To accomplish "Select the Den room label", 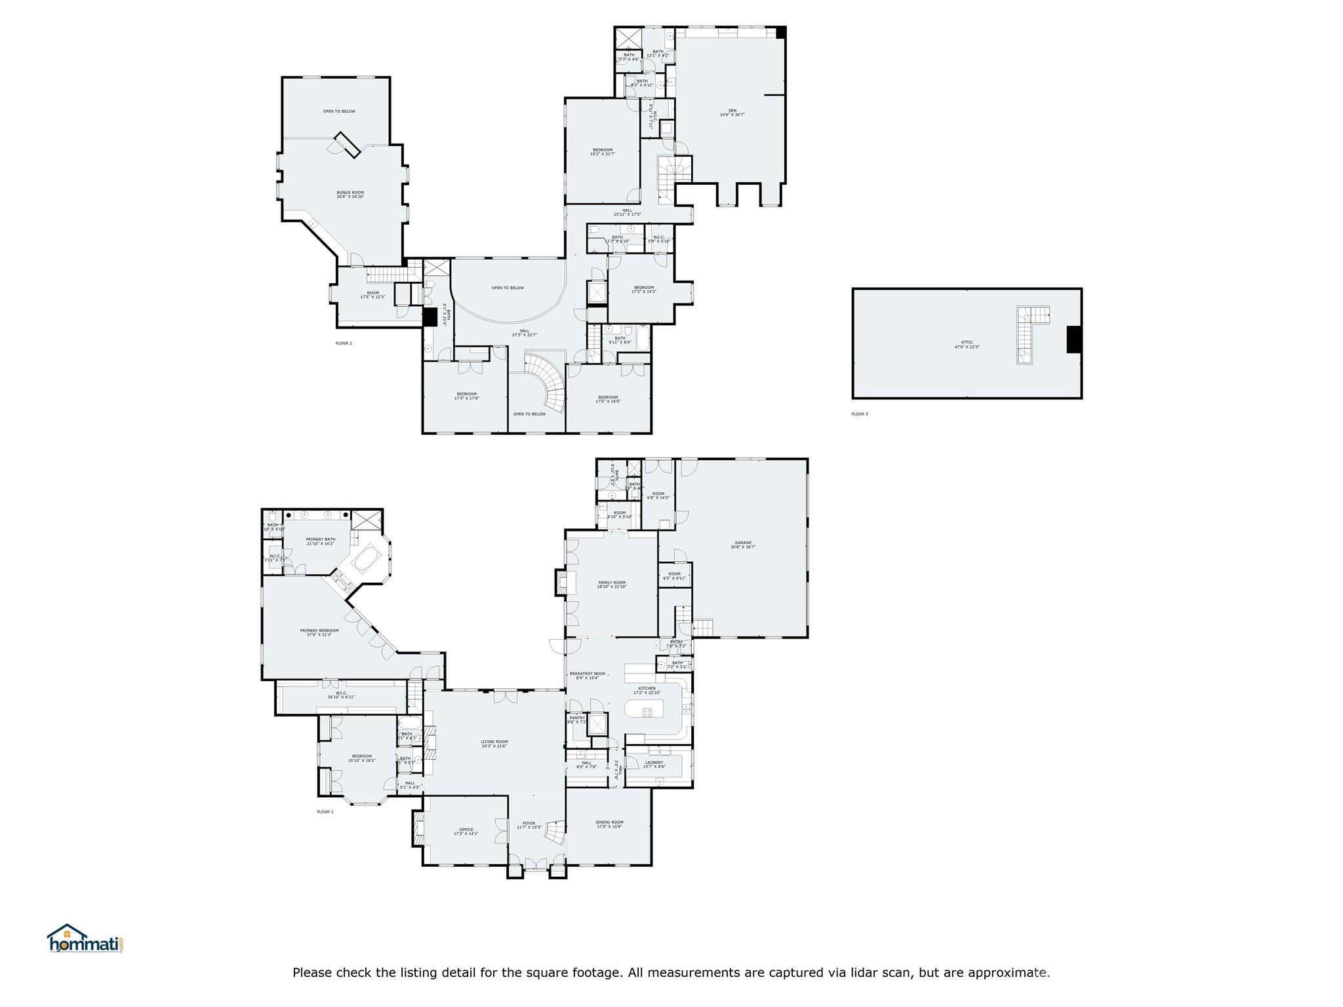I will click(x=732, y=112).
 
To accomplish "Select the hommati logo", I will click(x=85, y=939).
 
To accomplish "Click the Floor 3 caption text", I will click(x=859, y=414).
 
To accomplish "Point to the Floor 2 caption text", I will click(x=344, y=343).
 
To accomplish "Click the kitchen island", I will click(x=644, y=708).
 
